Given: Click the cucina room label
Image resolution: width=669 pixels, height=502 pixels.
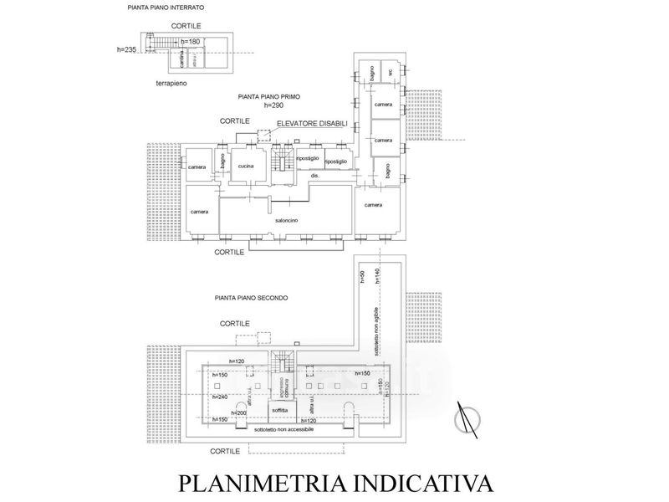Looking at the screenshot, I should pos(246,167).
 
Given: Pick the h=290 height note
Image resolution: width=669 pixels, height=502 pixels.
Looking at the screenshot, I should pos(274,105).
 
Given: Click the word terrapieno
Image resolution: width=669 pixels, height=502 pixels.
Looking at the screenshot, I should pos(171,85).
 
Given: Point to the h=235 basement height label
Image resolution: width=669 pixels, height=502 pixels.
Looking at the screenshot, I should pos(127,49).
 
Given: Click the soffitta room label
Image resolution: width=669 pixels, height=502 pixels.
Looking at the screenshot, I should pos(279,411).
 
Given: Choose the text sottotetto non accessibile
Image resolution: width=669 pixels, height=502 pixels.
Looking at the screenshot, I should pos(285,429).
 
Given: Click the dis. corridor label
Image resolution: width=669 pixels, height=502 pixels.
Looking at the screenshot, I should pos(314,177).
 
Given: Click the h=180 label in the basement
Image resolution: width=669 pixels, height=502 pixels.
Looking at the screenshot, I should pos(191,42).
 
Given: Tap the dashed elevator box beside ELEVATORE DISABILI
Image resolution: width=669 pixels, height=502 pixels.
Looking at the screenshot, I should pos(265,134).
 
